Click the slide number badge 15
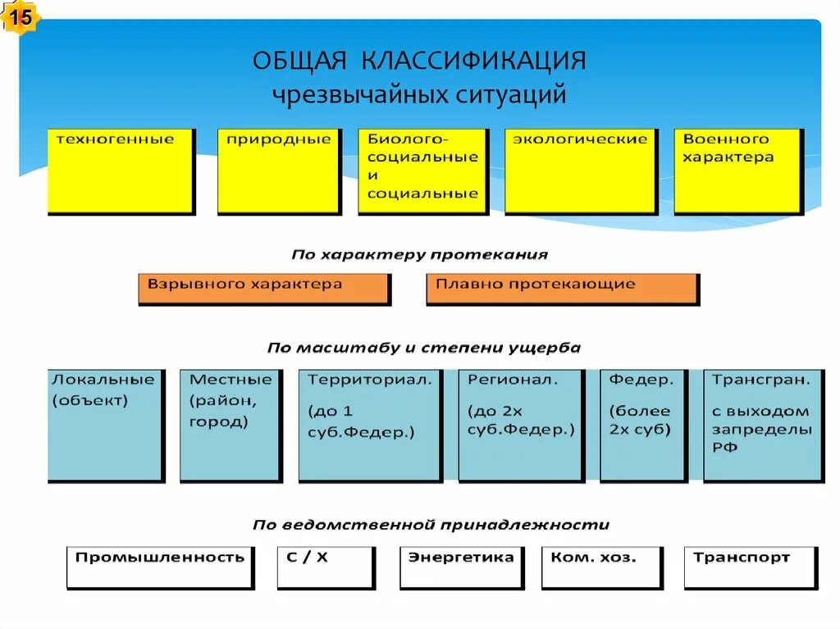pyautogui.click(x=22, y=17)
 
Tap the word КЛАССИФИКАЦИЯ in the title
pyautogui.click(x=472, y=62)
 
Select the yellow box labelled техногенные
pyautogui.click(x=121, y=171)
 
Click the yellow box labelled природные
pyautogui.click(x=279, y=171)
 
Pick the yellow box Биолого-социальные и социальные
pyautogui.click(x=422, y=171)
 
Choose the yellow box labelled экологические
pyautogui.click(x=580, y=171)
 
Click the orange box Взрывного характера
pyautogui.click(x=263, y=288)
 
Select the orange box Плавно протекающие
pyautogui.click(x=562, y=288)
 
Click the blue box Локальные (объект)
pyautogui.click(x=104, y=424)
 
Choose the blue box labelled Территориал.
pyautogui.click(x=369, y=424)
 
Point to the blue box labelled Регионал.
pyautogui.click(x=520, y=424)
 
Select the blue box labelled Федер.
pyautogui.click(x=642, y=424)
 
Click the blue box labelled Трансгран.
pyautogui.click(x=763, y=424)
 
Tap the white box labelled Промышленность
pyautogui.click(x=160, y=567)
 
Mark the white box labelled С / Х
pyautogui.click(x=325, y=567)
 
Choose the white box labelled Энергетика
pyautogui.click(x=461, y=567)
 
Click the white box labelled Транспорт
pyautogui.click(x=750, y=567)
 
